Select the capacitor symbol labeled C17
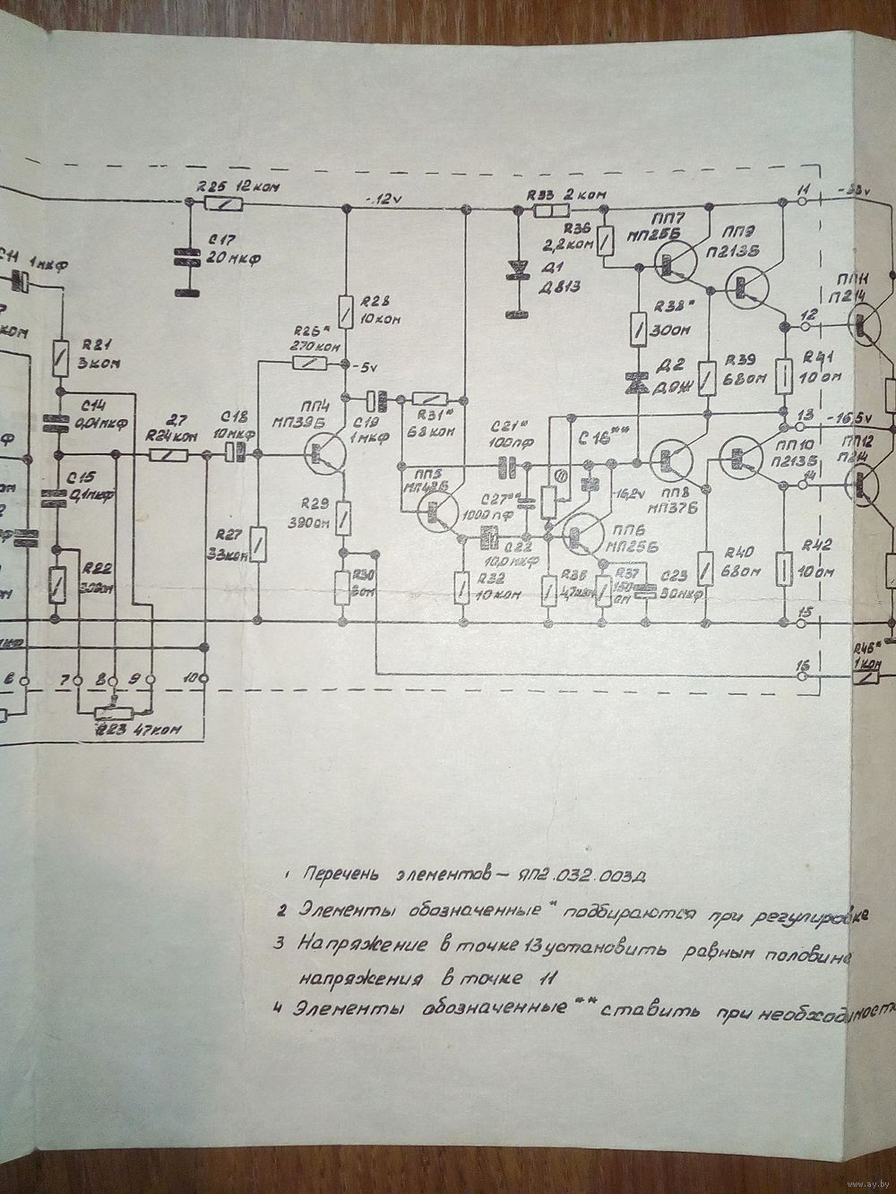188,256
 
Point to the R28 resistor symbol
345,306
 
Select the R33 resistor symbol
551,211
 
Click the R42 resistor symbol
784,567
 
